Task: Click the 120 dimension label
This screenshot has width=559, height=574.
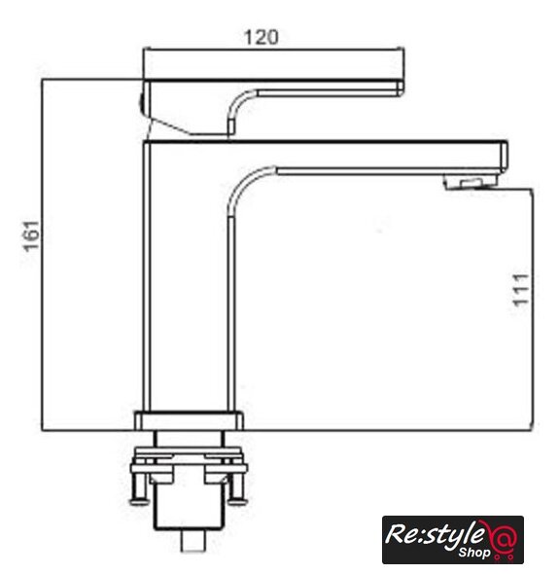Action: point(261,37)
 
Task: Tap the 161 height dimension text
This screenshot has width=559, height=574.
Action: point(31,236)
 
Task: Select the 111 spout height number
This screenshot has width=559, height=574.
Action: point(521,290)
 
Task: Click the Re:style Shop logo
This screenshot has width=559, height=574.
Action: point(453,540)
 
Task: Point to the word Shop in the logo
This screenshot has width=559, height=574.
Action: point(474,552)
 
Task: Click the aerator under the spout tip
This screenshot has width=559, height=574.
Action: point(471,182)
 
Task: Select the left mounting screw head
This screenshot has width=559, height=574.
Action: point(139,501)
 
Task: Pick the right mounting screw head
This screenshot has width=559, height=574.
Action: point(238,501)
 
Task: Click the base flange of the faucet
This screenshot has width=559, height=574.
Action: point(189,421)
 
